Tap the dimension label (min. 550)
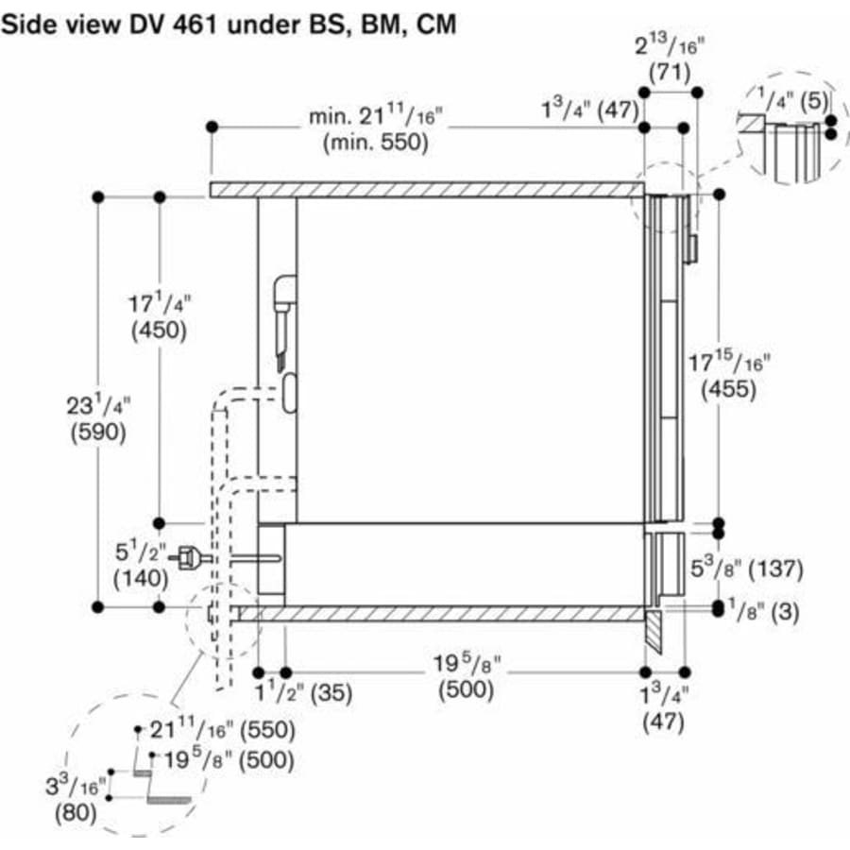(376, 143)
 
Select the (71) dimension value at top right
(670, 72)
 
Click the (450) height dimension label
(159, 331)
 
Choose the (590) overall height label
(98, 432)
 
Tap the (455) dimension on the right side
(728, 389)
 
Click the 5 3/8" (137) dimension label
(746, 568)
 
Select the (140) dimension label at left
(141, 578)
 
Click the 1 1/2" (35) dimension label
(303, 692)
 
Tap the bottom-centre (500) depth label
(467, 689)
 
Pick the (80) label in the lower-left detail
(76, 812)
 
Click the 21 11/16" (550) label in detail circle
(223, 730)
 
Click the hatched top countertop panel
(427, 190)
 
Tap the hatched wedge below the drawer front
(654, 631)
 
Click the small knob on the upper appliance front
(691, 248)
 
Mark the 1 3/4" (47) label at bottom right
(664, 708)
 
